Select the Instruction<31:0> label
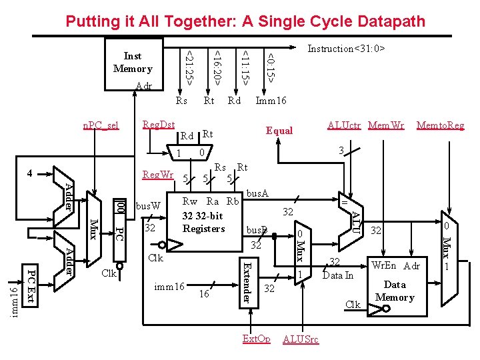point(346,49)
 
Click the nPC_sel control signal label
point(100,125)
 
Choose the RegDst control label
point(159,125)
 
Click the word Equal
point(279,131)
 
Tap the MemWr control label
point(386,125)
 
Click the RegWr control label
point(158,175)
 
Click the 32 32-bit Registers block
point(203,217)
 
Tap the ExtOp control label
point(256,339)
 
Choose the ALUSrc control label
point(301,339)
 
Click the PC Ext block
point(31,285)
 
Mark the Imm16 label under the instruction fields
point(271,101)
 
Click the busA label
point(257,193)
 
